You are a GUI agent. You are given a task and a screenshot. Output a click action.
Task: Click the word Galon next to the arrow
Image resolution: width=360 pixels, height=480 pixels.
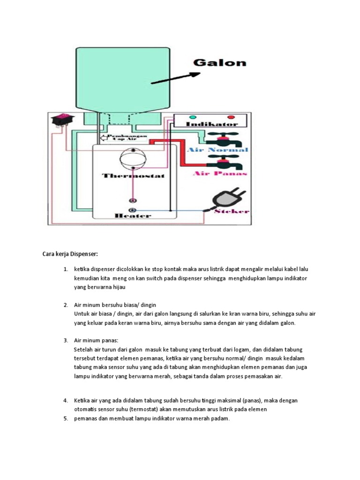220,63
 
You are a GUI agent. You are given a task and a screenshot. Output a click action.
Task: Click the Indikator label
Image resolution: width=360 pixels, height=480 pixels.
211,124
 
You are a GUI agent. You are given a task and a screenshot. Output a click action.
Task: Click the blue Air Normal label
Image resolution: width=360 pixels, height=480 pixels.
217,150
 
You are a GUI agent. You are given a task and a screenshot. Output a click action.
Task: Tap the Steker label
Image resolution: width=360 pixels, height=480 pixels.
232,211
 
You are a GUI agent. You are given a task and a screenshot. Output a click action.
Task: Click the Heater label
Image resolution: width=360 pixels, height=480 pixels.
133,216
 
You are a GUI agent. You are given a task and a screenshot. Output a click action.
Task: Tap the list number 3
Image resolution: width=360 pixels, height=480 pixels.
66,340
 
